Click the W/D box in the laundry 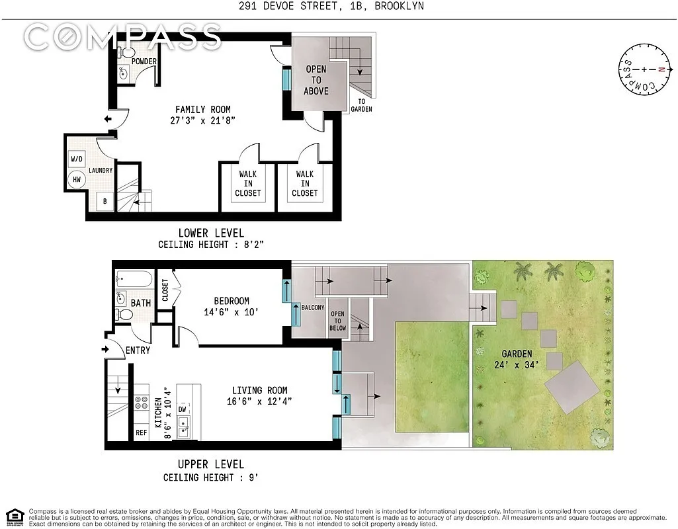coord(76,159)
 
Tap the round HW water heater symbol coord(76,179)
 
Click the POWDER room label coord(144,61)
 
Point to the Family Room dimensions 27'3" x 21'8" coord(203,120)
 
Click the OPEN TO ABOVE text coord(316,80)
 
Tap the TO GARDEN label coord(361,105)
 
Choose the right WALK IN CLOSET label coord(304,184)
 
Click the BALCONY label coord(313,308)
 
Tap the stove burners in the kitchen coord(141,403)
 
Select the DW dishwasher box coord(182,409)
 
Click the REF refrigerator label coord(141,433)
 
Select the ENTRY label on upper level coord(137,350)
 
